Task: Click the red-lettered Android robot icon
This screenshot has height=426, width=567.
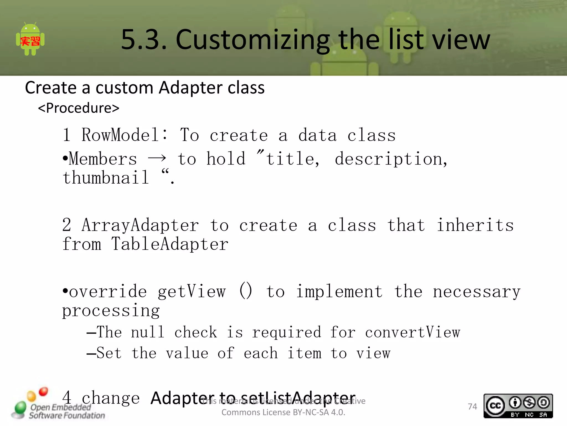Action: (x=30, y=39)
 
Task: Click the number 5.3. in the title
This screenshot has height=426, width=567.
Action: (x=144, y=40)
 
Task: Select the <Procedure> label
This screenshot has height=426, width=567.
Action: (x=79, y=108)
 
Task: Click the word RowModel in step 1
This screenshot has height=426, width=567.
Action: (x=120, y=135)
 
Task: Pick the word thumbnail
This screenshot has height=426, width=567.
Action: (x=105, y=178)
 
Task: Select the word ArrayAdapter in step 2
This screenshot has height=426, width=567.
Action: (x=140, y=225)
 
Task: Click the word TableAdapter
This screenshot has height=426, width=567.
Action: (x=170, y=244)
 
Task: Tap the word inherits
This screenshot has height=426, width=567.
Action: (x=475, y=225)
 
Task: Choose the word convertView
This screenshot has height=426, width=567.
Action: (x=413, y=332)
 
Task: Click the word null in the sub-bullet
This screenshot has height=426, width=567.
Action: (x=148, y=332)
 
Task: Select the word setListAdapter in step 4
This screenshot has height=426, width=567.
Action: (x=299, y=398)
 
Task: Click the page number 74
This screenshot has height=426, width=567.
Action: (x=472, y=407)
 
